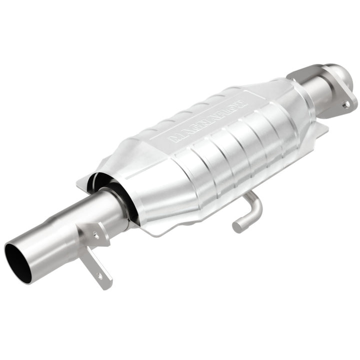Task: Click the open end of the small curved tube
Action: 237,228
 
